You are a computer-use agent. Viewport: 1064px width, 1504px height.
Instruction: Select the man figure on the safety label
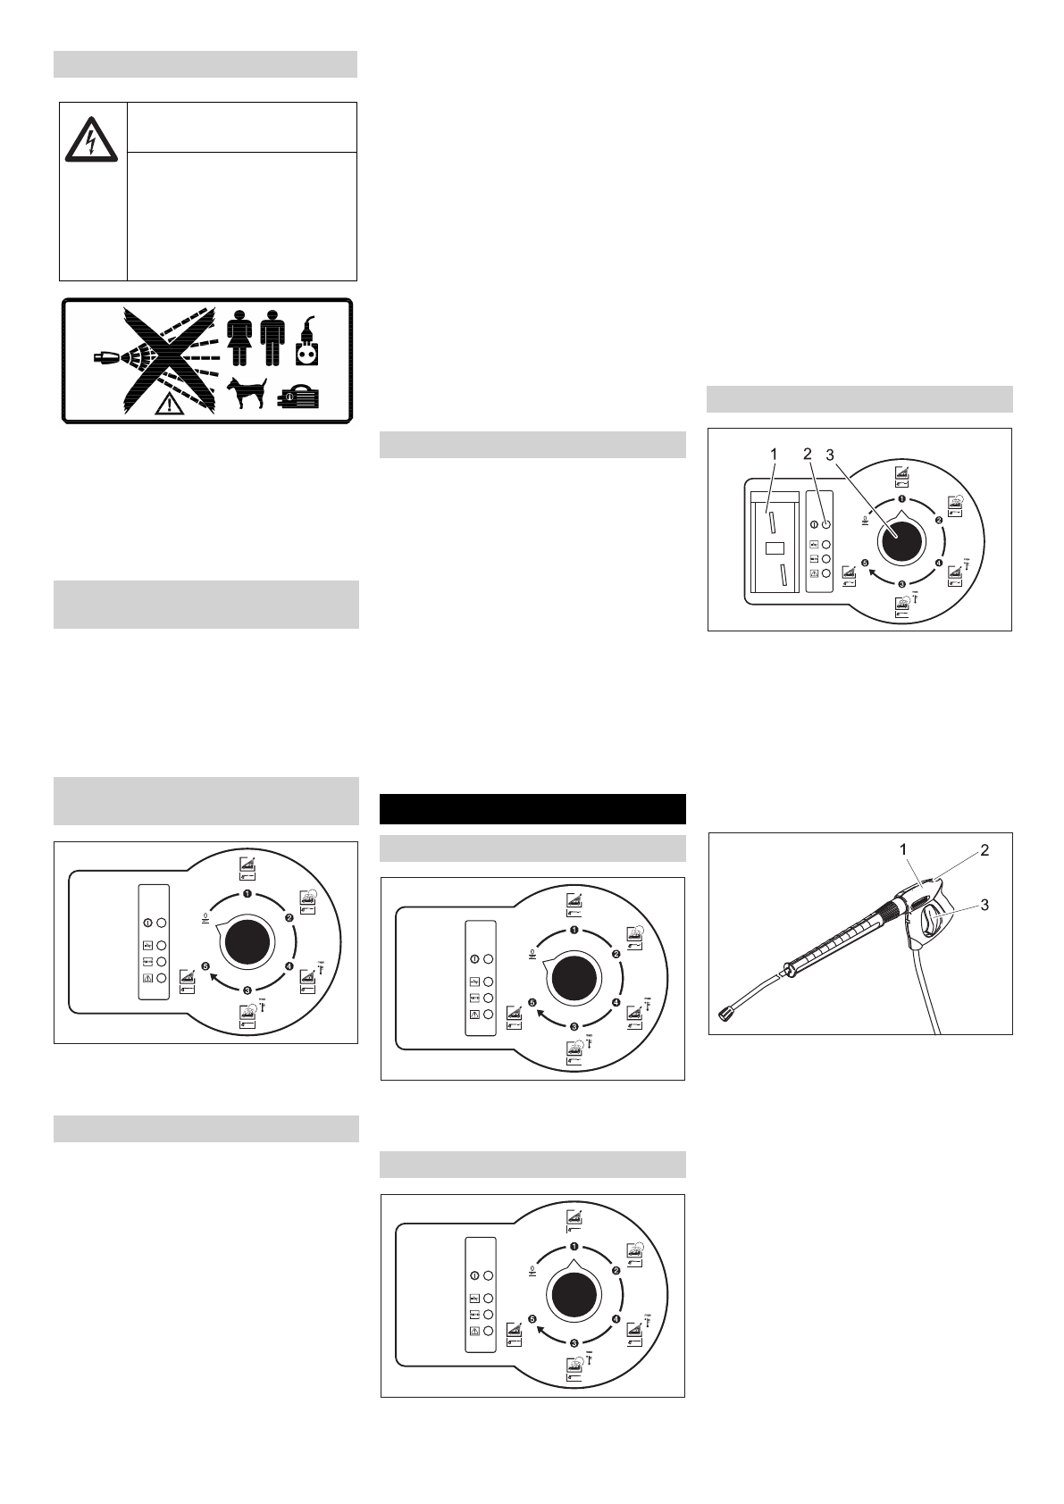click(272, 338)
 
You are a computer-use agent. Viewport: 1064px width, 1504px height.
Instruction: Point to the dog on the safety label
click(248, 393)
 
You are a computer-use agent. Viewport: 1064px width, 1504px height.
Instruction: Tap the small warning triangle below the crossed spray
click(166, 405)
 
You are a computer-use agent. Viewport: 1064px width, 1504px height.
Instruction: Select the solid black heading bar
click(532, 808)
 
